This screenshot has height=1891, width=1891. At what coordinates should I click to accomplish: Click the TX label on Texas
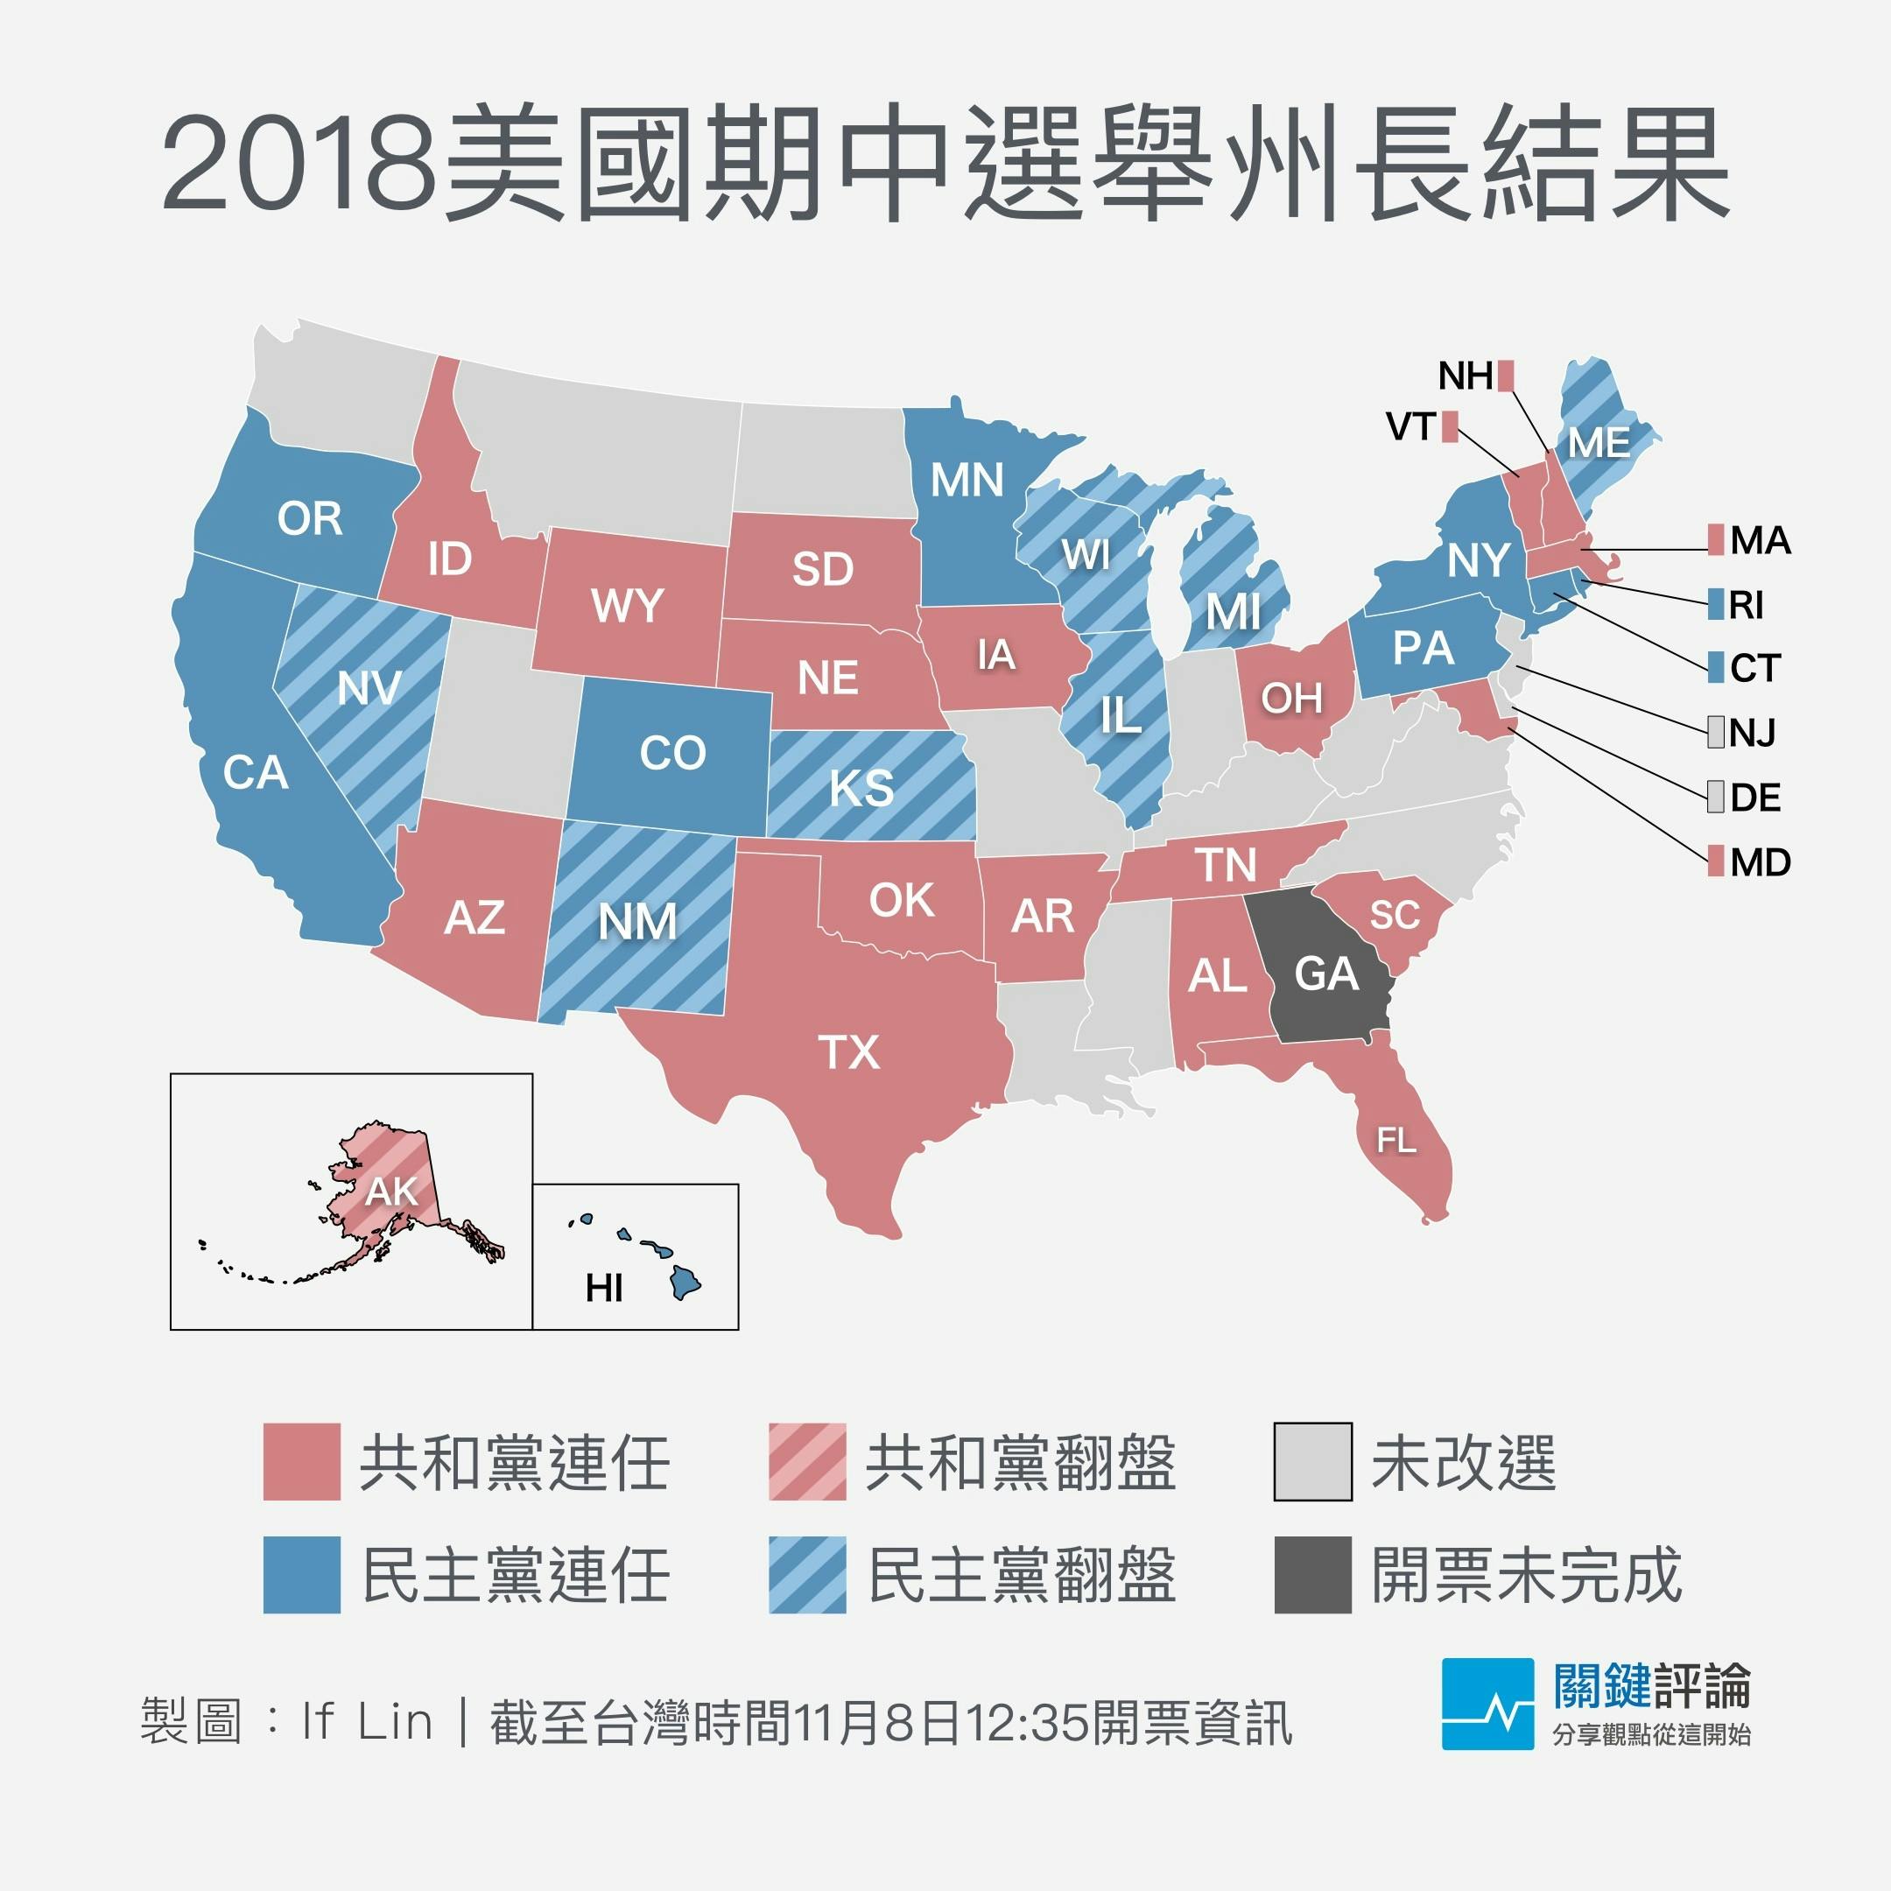[848, 1053]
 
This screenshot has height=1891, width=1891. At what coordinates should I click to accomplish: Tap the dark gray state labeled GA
[1326, 974]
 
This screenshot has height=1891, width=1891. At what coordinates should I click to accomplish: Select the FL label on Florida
[1395, 1139]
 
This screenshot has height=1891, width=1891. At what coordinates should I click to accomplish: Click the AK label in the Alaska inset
[391, 1192]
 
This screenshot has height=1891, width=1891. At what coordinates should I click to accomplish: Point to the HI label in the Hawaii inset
[604, 1289]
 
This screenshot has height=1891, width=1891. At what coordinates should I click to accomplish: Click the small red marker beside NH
[1507, 376]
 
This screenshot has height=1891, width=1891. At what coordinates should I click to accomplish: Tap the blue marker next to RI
[1716, 604]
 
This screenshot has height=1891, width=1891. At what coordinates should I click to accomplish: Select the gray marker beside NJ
[1716, 732]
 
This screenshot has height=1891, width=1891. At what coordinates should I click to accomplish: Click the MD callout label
[1760, 862]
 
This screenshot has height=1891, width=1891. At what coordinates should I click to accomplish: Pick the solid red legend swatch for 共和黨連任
[301, 1462]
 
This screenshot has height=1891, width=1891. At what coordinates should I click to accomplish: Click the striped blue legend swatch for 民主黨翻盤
[807, 1575]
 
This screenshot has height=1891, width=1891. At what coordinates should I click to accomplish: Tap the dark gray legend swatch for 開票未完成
[1312, 1575]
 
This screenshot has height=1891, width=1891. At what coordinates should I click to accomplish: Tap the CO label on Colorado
[672, 753]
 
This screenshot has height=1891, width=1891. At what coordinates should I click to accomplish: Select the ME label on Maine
[1599, 443]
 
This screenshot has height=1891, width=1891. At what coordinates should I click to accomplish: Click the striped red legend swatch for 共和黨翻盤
[807, 1462]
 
